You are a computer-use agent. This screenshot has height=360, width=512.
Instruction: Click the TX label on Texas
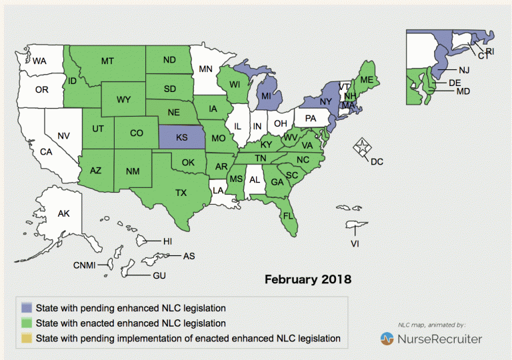(181, 193)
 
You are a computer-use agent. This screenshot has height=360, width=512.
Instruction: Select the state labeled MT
(107, 61)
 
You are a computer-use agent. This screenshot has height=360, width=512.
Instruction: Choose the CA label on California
(46, 151)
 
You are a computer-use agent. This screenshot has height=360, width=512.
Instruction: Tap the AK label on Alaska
(63, 214)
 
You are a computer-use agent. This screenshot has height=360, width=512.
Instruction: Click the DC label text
(377, 161)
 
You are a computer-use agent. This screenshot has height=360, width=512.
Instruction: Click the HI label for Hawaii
(168, 240)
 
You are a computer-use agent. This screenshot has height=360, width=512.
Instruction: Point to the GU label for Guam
(159, 275)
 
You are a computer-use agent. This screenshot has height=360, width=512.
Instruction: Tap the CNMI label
(85, 265)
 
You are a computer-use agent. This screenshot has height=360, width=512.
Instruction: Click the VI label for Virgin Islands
(355, 244)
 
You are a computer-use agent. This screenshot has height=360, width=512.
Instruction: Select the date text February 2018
(308, 278)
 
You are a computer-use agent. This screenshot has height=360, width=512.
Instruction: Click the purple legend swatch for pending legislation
(27, 308)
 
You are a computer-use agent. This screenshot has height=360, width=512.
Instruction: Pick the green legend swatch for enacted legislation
(27, 323)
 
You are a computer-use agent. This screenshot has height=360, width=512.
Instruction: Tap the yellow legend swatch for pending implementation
(27, 338)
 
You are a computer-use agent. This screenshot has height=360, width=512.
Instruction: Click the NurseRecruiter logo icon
(387, 339)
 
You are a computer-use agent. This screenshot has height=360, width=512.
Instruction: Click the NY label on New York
(325, 101)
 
